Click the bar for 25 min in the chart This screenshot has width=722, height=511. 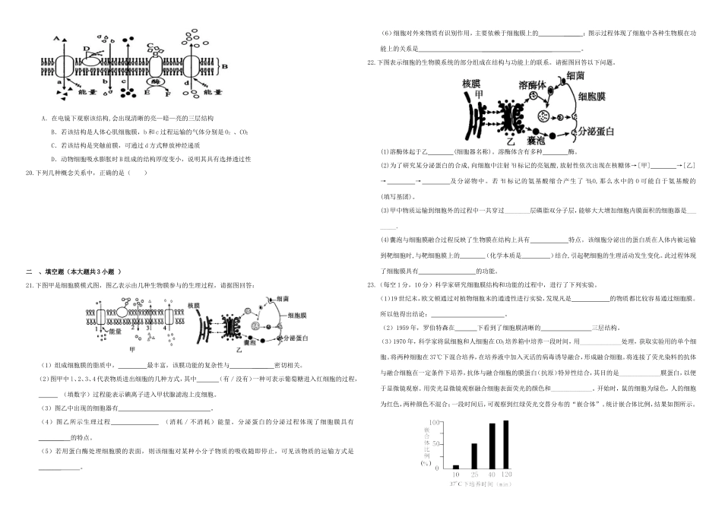click(x=474, y=456)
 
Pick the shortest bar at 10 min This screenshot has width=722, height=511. click(x=456, y=467)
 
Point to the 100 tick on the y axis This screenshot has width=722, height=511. click(x=435, y=422)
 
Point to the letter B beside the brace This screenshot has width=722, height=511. click(x=223, y=66)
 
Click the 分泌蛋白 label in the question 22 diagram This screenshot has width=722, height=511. click(x=595, y=131)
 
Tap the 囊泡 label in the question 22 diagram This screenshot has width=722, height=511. click(x=537, y=141)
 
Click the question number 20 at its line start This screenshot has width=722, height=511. click(x=30, y=172)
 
